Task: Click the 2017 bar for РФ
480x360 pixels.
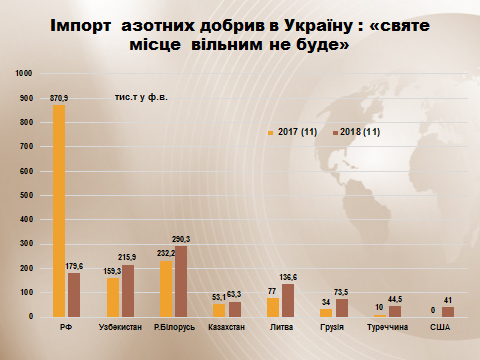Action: pos(60,210)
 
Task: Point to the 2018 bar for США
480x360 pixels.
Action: pos(448,311)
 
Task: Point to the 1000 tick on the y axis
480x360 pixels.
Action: pos(24,73)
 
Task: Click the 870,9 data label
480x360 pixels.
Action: pos(59,97)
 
